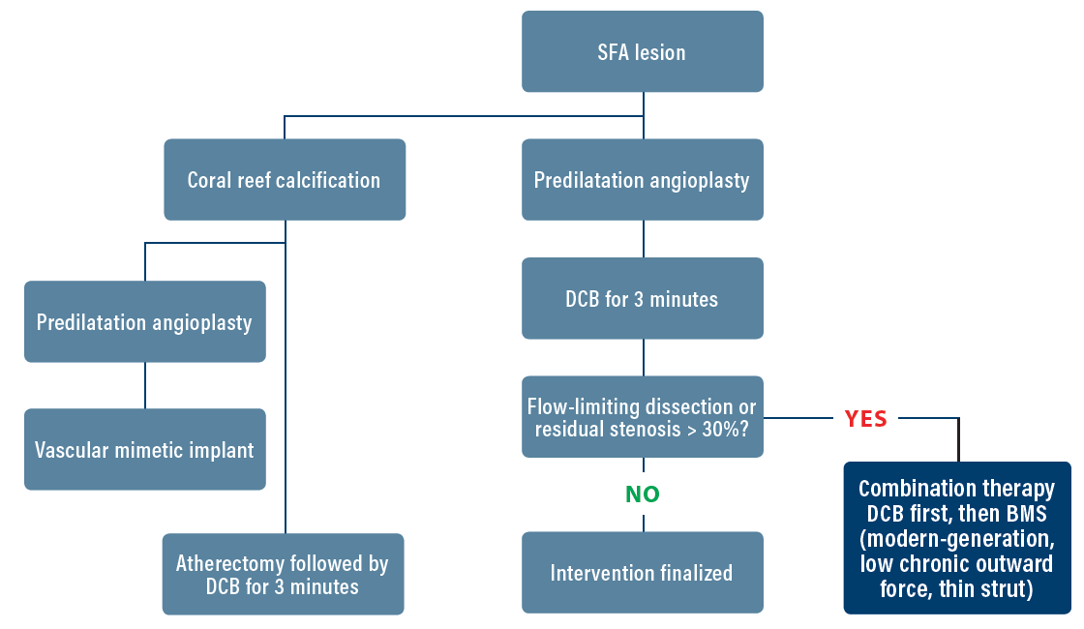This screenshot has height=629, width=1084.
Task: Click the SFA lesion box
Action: tap(642, 51)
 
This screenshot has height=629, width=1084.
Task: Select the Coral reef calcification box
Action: tap(284, 180)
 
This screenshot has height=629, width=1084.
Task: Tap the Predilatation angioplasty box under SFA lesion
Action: tap(642, 180)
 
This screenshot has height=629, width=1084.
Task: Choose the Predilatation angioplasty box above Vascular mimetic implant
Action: tap(144, 322)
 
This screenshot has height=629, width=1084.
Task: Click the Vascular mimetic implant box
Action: tap(144, 450)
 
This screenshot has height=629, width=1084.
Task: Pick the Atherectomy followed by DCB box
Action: tap(283, 574)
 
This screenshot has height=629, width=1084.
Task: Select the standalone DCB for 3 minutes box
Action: tap(642, 299)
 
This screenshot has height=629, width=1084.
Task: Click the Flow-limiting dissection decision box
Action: tap(642, 417)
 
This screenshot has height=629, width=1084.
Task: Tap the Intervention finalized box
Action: tap(642, 573)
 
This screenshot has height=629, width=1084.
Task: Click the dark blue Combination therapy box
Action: tap(957, 537)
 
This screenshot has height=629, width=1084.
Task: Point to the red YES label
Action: tap(865, 419)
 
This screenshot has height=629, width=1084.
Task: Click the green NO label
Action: tap(642, 494)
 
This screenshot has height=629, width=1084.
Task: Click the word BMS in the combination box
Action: tap(1025, 513)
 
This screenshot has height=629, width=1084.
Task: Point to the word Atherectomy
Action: tap(229, 563)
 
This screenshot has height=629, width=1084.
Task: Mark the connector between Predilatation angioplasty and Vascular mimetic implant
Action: tap(145, 385)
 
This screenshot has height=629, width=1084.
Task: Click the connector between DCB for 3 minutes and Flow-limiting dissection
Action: tap(644, 357)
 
